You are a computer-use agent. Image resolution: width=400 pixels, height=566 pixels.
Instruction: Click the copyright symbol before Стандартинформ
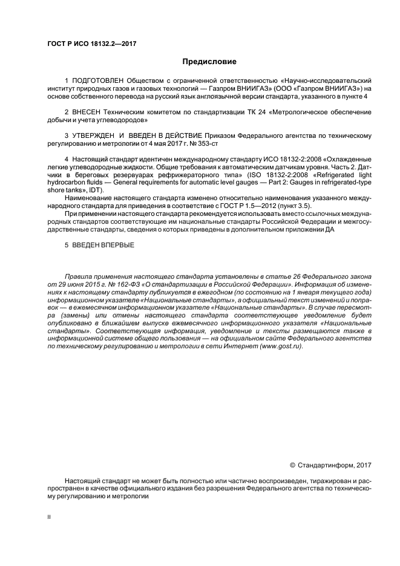point(293,465)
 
